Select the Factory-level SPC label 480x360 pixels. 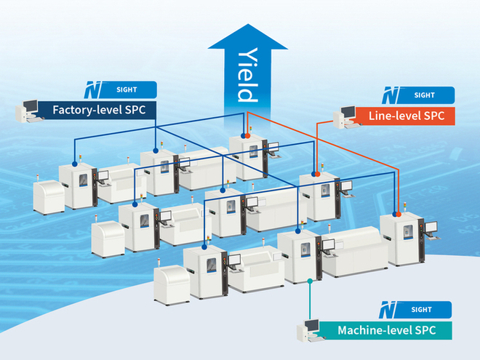tap(101, 111)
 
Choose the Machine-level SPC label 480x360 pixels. tap(386, 331)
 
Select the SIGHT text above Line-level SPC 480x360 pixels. tap(424, 95)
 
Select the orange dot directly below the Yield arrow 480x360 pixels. tap(247, 135)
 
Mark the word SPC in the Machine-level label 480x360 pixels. tap(422, 331)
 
